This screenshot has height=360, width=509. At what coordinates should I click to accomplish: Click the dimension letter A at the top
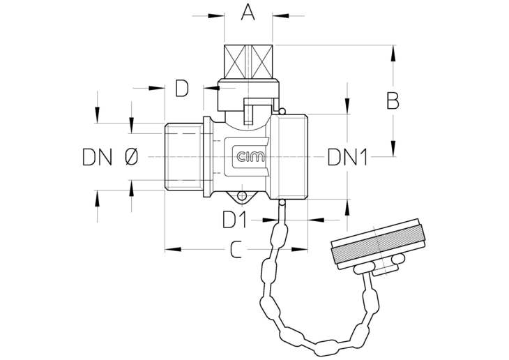click(248, 13)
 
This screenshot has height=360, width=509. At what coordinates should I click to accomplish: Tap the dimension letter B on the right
click(393, 100)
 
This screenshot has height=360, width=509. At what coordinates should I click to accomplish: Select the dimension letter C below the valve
click(236, 250)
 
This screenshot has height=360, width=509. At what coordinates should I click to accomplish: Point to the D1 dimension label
click(234, 220)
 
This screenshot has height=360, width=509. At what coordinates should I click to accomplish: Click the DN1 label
click(347, 157)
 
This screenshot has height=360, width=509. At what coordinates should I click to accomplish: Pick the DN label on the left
click(98, 157)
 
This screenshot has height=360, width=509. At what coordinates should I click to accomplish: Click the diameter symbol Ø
click(131, 157)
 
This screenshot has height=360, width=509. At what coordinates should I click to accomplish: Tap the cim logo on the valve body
click(250, 157)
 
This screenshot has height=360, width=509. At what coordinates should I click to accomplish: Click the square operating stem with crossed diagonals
click(248, 61)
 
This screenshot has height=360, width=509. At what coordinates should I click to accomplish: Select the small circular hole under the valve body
click(242, 196)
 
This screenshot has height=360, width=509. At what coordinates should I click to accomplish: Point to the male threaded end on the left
click(184, 156)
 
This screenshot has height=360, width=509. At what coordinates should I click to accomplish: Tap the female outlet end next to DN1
click(289, 156)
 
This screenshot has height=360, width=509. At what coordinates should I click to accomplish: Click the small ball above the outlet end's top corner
click(282, 112)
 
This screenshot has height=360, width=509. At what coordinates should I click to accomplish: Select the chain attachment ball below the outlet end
click(282, 203)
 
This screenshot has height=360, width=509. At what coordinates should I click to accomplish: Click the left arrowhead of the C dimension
click(173, 250)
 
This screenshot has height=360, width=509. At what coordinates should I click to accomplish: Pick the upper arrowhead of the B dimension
click(393, 53)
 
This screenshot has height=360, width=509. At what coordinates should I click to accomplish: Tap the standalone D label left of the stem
click(182, 88)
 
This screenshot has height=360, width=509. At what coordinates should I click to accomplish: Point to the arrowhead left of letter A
click(216, 15)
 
